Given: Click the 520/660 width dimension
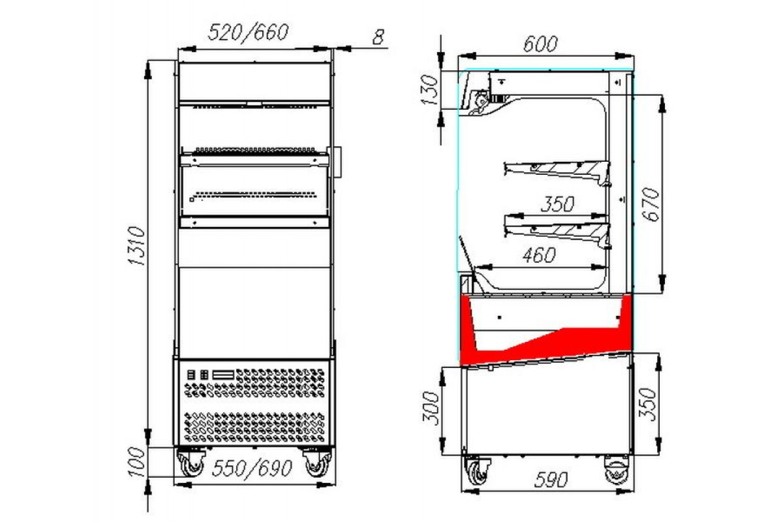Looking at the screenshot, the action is [x=248, y=32].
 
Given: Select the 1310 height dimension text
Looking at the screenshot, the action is [x=136, y=246].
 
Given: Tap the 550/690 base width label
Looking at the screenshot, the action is [x=252, y=468].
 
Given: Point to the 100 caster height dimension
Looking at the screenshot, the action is [x=136, y=462].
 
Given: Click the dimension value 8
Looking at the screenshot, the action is [x=378, y=37].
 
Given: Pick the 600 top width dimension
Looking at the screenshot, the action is [x=540, y=44].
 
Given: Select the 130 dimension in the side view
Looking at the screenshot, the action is [x=429, y=90].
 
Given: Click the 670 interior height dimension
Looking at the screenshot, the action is [x=651, y=204].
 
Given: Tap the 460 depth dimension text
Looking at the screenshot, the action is [x=539, y=255].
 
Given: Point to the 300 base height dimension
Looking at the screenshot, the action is [x=430, y=408].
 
